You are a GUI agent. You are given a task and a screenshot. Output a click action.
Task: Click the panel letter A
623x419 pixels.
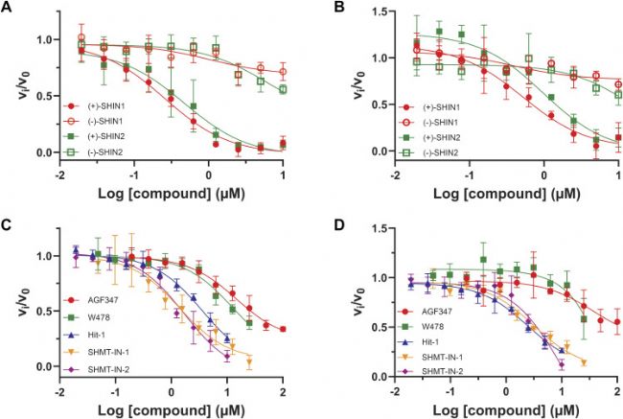6,7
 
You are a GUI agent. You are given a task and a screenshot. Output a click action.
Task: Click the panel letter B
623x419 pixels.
339,7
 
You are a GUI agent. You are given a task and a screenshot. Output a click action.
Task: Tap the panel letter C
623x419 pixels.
6,225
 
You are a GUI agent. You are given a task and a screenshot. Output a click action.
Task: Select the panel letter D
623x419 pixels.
339,225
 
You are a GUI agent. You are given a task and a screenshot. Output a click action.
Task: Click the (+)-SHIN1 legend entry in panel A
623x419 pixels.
95,106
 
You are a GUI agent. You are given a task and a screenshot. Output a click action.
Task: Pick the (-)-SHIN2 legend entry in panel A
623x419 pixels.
95,151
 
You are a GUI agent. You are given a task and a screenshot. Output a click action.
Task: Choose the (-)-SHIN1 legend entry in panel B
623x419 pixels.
430,123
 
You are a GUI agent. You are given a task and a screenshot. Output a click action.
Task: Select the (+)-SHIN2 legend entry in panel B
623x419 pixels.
430,137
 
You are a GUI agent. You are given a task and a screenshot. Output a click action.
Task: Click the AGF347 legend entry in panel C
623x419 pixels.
86,300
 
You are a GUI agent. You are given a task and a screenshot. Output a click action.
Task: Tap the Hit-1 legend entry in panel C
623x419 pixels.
82,335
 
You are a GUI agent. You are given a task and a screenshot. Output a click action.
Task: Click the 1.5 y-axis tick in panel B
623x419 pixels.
381,12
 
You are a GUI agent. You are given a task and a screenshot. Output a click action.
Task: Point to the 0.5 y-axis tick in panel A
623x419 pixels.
46,96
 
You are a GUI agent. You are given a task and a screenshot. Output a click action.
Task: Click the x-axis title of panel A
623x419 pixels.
172,194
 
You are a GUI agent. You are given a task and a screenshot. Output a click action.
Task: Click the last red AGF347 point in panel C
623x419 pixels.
283,329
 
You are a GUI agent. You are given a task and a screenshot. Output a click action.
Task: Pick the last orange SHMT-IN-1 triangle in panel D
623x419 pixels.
584,362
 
